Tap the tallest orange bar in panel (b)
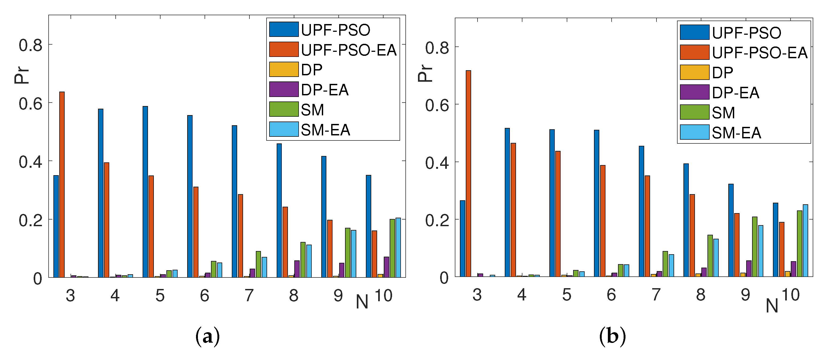click(x=468, y=174)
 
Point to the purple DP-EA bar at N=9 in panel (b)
click(x=749, y=269)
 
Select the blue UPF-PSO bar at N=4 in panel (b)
click(x=507, y=202)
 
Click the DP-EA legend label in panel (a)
click(x=324, y=90)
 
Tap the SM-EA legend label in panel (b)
click(x=736, y=133)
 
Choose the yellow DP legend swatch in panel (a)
click(x=284, y=69)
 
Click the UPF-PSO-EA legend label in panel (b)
click(x=759, y=53)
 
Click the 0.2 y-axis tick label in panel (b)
click(x=437, y=220)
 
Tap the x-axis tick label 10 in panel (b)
click(x=790, y=295)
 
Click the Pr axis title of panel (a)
click(x=22, y=76)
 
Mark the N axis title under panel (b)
click(x=772, y=306)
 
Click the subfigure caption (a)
click(x=208, y=336)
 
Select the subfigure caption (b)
click(x=612, y=336)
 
